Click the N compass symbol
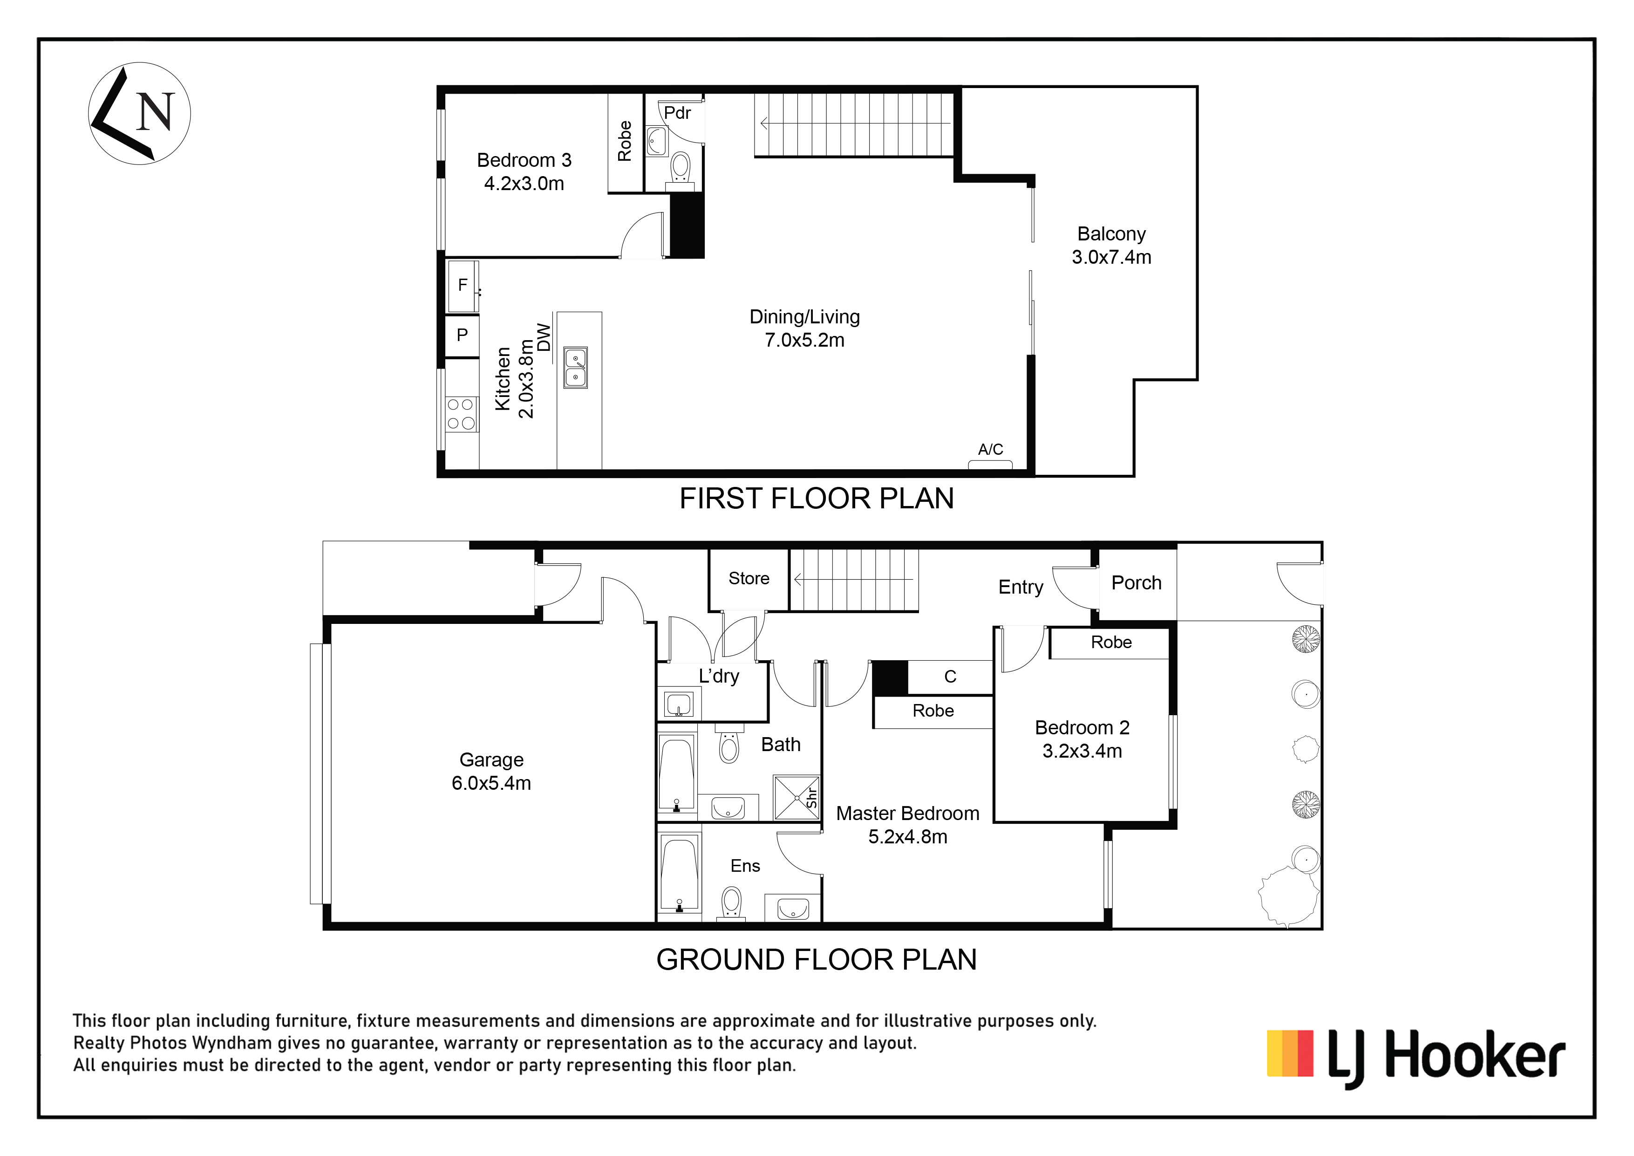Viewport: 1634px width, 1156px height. coord(139,113)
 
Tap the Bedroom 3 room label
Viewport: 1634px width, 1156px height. coord(524,171)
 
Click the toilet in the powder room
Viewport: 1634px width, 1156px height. coord(681,169)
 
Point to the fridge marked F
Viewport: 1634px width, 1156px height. coord(463,286)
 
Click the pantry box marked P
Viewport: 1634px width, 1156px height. coord(462,335)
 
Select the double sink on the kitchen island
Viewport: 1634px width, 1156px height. coord(575,367)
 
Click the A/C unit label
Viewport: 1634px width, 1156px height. coord(990,449)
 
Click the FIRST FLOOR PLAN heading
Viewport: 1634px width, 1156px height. coord(816,498)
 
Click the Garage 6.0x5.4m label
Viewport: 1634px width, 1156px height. coord(491,772)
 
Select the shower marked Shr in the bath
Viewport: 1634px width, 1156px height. coord(797,798)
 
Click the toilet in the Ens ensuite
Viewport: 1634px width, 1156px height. coord(731,903)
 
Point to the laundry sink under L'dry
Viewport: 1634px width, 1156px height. coord(678,705)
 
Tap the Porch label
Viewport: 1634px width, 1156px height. coord(1137,583)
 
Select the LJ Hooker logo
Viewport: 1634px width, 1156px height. coord(1416,1059)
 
